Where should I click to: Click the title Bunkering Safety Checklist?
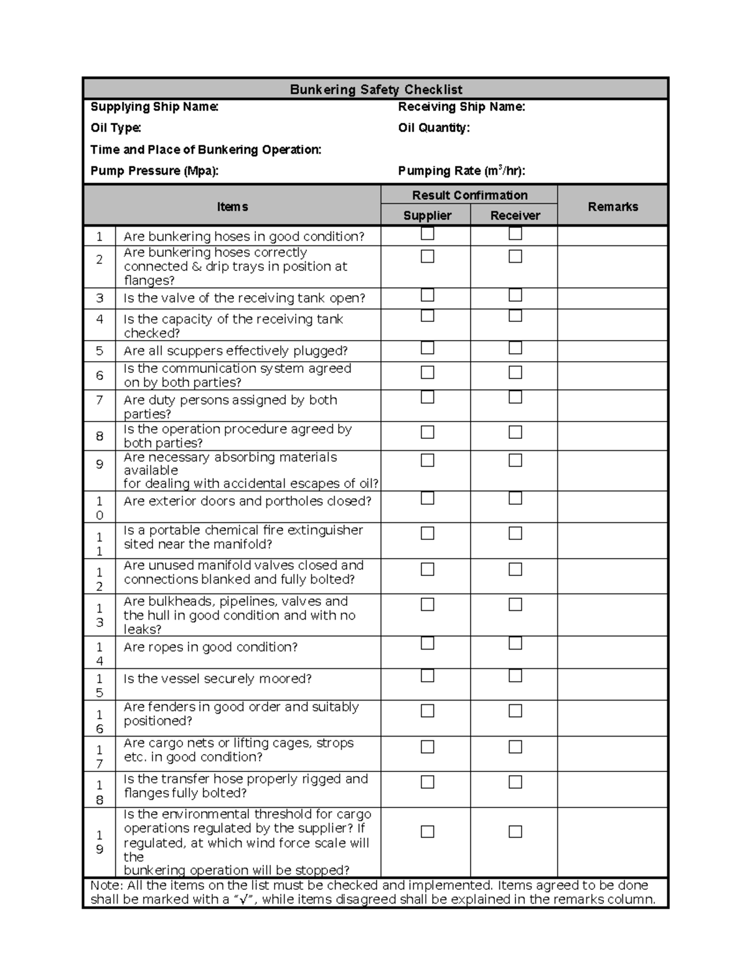pyautogui.click(x=376, y=90)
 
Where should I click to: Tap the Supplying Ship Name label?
pyautogui.click(x=154, y=107)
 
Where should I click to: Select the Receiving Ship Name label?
pyautogui.click(x=461, y=107)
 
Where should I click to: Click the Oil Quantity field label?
pyautogui.click(x=434, y=128)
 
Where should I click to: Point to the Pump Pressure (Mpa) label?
pyautogui.click(x=154, y=171)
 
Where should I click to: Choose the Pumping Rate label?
pyautogui.click(x=461, y=171)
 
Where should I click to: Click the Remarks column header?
pyautogui.click(x=613, y=207)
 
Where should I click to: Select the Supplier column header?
pyautogui.click(x=427, y=215)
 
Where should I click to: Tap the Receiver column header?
pyautogui.click(x=515, y=215)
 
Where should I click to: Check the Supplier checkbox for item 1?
pyautogui.click(x=427, y=234)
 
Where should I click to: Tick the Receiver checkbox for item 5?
pyautogui.click(x=515, y=347)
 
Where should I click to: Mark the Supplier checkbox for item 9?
pyautogui.click(x=427, y=460)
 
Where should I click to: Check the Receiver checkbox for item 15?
pyautogui.click(x=515, y=676)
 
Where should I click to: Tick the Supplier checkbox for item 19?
pyautogui.click(x=427, y=832)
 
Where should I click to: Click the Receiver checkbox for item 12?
pyautogui.click(x=515, y=569)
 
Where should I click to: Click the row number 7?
pyautogui.click(x=100, y=400)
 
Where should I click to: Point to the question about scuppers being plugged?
pyautogui.click(x=235, y=351)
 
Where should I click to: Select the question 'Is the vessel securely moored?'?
pyautogui.click(x=217, y=679)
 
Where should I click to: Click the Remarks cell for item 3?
pyautogui.click(x=613, y=298)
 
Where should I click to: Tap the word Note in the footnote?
pyautogui.click(x=105, y=885)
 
